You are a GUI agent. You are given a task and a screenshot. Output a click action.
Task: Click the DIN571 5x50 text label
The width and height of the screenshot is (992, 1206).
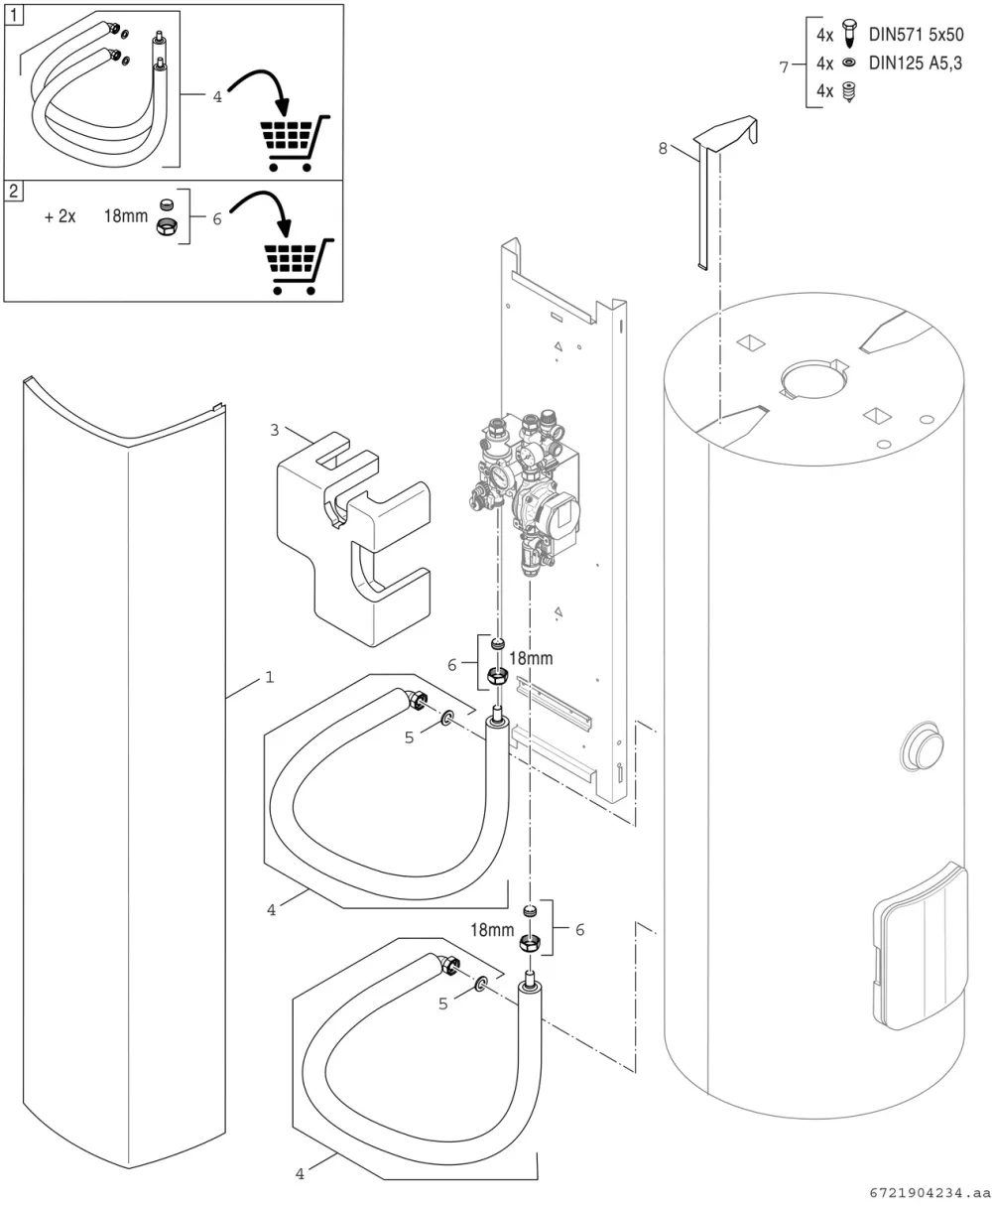pyautogui.click(x=916, y=35)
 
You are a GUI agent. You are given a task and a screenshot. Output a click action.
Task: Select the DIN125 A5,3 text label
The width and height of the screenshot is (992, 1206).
pyautogui.click(x=916, y=63)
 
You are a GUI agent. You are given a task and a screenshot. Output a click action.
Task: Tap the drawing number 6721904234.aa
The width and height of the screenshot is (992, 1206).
pyautogui.click(x=930, y=1193)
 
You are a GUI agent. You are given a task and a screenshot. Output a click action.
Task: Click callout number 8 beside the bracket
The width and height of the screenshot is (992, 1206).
pyautogui.click(x=663, y=149)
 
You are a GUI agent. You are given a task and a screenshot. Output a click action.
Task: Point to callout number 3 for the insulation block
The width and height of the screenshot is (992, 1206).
pyautogui.click(x=274, y=430)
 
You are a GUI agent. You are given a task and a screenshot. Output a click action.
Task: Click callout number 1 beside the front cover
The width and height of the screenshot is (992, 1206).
pyautogui.click(x=270, y=677)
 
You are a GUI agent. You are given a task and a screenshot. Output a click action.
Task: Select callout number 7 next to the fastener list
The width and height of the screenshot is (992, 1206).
pyautogui.click(x=784, y=67)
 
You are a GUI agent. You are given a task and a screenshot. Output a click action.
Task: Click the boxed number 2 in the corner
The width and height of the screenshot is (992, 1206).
pyautogui.click(x=14, y=191)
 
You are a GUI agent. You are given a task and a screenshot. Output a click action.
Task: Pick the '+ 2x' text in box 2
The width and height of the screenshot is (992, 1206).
pyautogui.click(x=60, y=216)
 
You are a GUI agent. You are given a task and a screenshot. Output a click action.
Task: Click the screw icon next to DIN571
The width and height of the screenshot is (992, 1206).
pyautogui.click(x=850, y=33)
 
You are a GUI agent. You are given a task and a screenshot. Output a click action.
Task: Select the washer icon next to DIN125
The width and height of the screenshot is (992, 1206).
pyautogui.click(x=850, y=63)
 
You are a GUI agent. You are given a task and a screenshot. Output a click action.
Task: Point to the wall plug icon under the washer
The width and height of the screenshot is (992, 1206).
pyautogui.click(x=850, y=91)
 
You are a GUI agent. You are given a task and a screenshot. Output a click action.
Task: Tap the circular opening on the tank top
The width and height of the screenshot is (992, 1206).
pyautogui.click(x=813, y=379)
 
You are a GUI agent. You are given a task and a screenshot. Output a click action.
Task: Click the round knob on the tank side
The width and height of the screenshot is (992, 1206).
pyautogui.click(x=922, y=746)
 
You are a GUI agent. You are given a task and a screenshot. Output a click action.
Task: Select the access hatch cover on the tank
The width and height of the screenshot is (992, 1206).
pyautogui.click(x=920, y=946)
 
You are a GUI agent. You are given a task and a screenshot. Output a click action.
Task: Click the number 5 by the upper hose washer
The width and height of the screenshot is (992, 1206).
pyautogui.click(x=409, y=737)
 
